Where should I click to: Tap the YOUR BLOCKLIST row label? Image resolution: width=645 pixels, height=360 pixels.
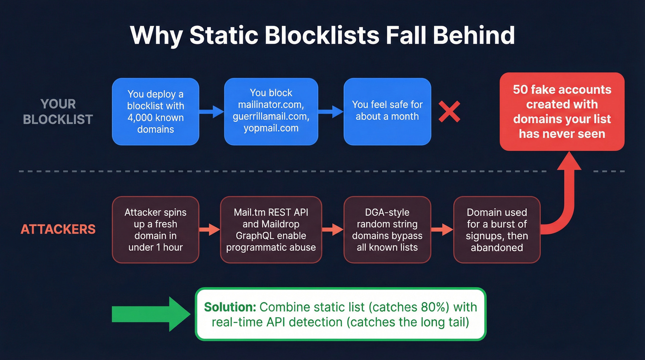coord(58,112)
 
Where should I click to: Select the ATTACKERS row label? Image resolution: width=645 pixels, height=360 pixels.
coord(58,229)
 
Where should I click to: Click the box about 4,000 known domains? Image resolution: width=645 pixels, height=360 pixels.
coord(156,112)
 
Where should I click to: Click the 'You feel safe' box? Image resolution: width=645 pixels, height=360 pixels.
coord(387,111)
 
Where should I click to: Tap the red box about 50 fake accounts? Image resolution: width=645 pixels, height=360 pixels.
coord(562,112)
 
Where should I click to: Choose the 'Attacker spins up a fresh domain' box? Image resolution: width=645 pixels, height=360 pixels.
coord(156,230)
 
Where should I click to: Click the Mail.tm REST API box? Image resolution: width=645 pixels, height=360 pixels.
coord(271,230)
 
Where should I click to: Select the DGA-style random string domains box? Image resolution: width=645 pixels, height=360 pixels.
coord(387,230)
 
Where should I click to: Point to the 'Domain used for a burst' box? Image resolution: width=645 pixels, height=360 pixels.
coord(497,230)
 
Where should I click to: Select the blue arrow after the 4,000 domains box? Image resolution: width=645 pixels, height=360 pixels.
coord(211,112)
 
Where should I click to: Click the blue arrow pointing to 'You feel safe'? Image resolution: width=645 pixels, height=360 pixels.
coord(331,112)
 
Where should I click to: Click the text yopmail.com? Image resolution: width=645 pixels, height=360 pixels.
coord(271,128)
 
